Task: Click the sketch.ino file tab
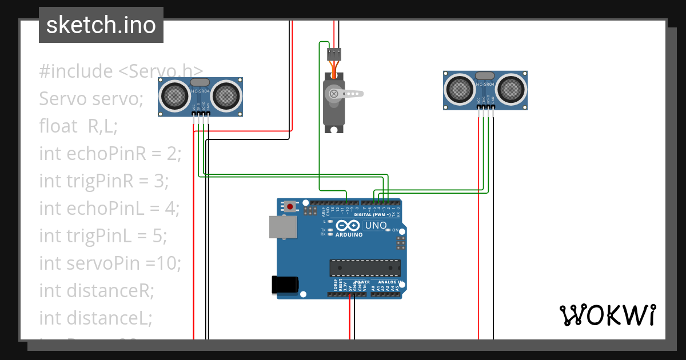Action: click(x=101, y=25)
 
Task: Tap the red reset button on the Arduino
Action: click(x=290, y=206)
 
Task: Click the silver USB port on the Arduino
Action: click(x=284, y=227)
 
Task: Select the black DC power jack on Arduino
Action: click(x=285, y=285)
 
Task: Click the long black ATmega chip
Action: click(x=365, y=268)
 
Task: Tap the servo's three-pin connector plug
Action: click(x=334, y=54)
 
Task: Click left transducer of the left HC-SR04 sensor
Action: click(x=174, y=95)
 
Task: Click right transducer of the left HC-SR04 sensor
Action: click(x=226, y=95)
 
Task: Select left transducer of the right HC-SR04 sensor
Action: click(x=460, y=88)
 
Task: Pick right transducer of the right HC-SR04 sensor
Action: click(x=511, y=88)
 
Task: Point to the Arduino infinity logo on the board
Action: click(x=349, y=225)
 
